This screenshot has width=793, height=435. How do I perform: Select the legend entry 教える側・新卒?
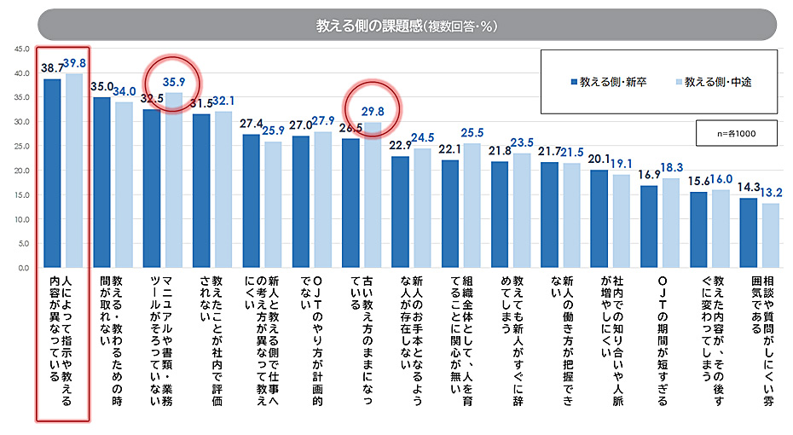click(x=608, y=82)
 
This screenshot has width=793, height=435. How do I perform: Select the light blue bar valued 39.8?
click(x=74, y=171)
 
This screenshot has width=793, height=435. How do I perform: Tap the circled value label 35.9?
click(x=173, y=83)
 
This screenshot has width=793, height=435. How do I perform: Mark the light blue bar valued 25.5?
click(x=472, y=206)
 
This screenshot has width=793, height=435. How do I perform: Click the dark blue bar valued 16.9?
click(x=649, y=226)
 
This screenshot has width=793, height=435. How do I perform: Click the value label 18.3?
click(x=672, y=168)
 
